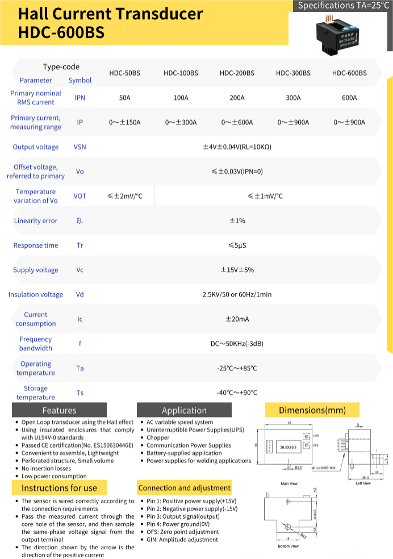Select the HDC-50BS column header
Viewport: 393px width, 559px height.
pyautogui.click(x=124, y=73)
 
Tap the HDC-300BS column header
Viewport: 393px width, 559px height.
pyautogui.click(x=293, y=73)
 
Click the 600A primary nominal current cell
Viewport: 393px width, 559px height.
pyautogui.click(x=349, y=98)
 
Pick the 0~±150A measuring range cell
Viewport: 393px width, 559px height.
pyautogui.click(x=124, y=122)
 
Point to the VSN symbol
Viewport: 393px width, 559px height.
pyautogui.click(x=80, y=147)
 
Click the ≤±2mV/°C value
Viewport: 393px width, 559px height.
pyautogui.click(x=124, y=196)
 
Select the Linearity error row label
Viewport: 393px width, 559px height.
pyautogui.click(x=36, y=220)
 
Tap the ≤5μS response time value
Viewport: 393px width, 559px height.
pyautogui.click(x=237, y=245)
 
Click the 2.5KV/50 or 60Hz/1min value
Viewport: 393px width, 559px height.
pyautogui.click(x=237, y=294)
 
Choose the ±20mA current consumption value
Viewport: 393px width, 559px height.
pyautogui.click(x=237, y=319)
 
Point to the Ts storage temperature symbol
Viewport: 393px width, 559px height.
pyautogui.click(x=80, y=393)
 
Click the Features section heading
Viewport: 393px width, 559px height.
pyautogui.click(x=59, y=410)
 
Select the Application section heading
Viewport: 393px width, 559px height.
pyautogui.click(x=184, y=410)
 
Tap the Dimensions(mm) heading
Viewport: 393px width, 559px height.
pyautogui.click(x=312, y=410)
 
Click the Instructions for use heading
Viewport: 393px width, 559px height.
pyautogui.click(x=59, y=488)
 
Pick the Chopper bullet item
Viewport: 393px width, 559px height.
pyautogui.click(x=158, y=438)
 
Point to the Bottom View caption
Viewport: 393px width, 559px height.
pyautogui.click(x=288, y=546)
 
